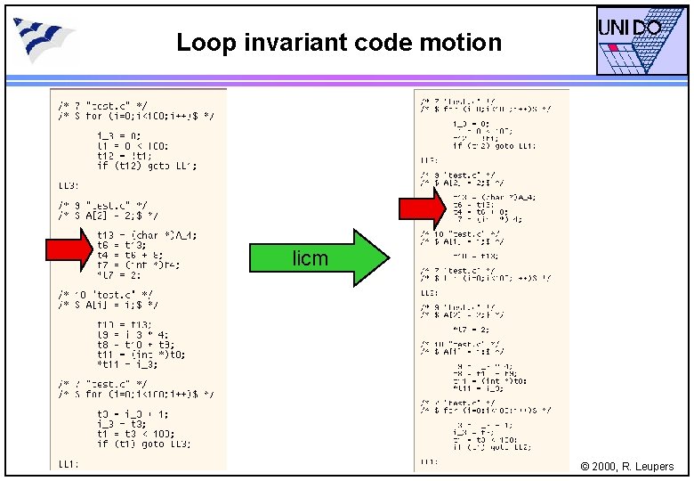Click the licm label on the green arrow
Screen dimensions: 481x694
(x=310, y=259)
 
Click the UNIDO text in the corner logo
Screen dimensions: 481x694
(x=629, y=29)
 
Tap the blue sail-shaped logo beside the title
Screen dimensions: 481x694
(x=44, y=38)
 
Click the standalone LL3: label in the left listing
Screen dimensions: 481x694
(x=69, y=185)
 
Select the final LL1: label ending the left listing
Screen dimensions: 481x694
(x=69, y=463)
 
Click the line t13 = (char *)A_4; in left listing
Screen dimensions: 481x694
(x=148, y=235)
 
